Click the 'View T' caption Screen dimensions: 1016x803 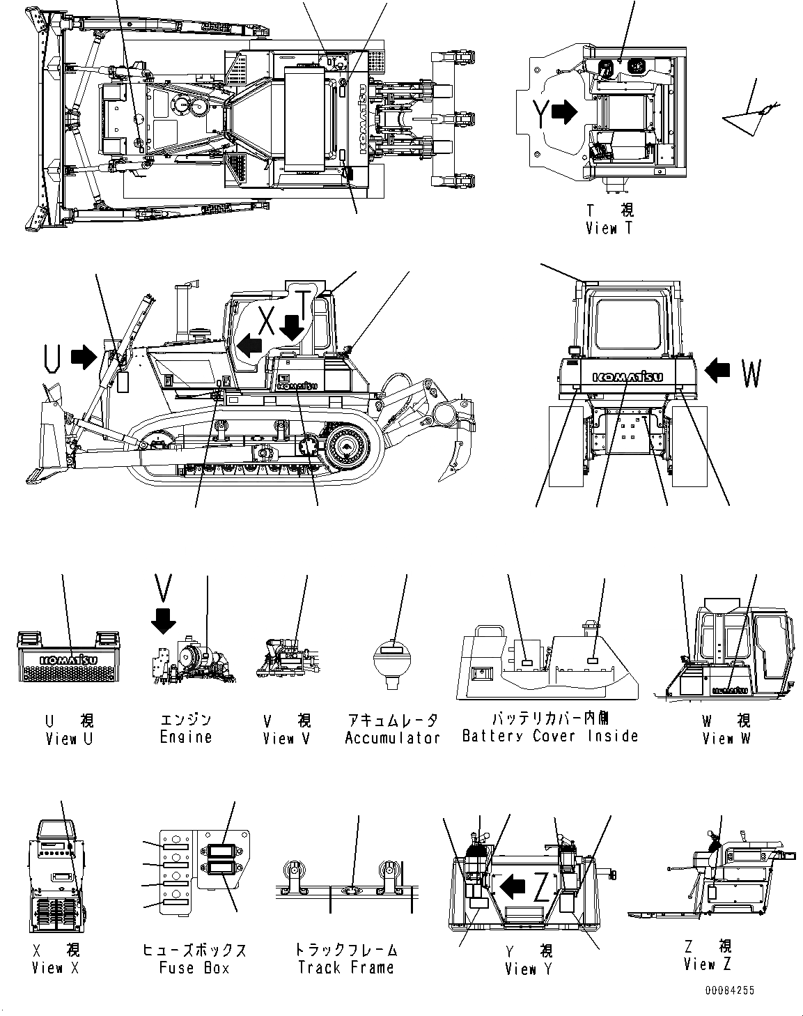[609, 228]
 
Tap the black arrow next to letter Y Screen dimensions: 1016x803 [565, 112]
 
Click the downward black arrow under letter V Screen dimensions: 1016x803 [164, 620]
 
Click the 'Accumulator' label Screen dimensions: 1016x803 [392, 737]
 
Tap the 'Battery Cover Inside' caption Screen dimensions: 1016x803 [550, 735]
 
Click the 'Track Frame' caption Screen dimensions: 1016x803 [345, 967]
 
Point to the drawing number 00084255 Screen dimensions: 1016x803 [728, 990]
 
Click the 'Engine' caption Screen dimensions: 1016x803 [185, 737]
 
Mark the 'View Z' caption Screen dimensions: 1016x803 [708, 964]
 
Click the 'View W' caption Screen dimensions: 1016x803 [726, 738]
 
